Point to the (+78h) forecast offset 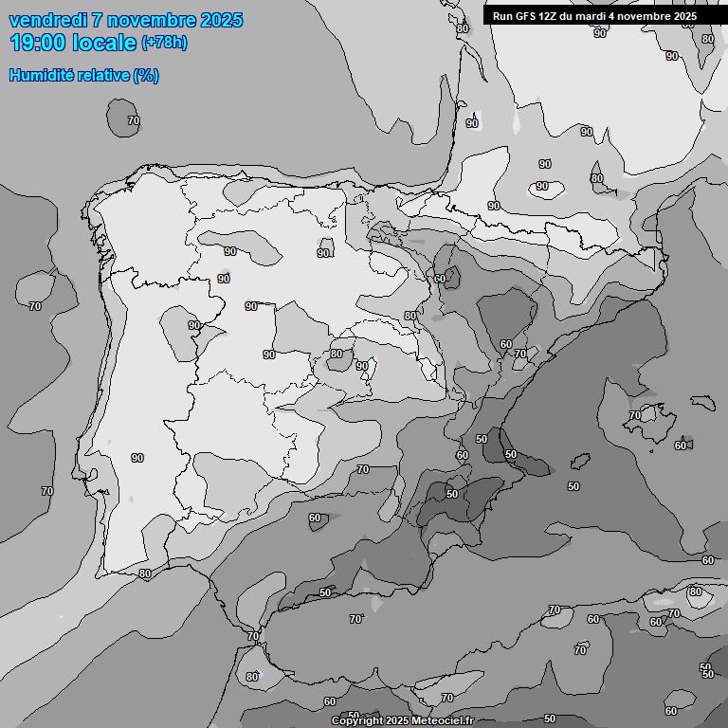click(164, 43)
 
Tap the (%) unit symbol click(146, 76)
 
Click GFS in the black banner click(524, 16)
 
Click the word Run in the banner click(502, 16)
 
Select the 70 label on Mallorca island click(634, 415)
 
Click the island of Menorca click(703, 401)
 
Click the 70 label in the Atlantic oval click(133, 121)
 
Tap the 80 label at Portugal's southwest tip click(144, 573)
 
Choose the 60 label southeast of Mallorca click(681, 446)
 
